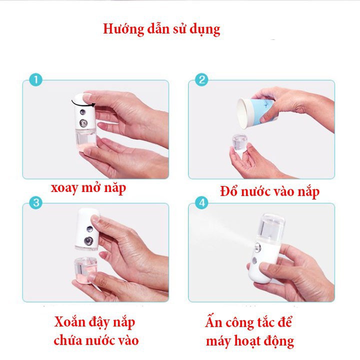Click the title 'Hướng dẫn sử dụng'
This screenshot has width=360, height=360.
[x=161, y=28]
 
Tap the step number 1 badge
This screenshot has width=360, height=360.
[x=35, y=79]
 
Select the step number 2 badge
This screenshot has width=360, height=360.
[x=202, y=79]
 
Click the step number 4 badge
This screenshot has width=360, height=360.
[x=202, y=203]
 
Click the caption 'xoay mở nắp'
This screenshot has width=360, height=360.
[x=88, y=188]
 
